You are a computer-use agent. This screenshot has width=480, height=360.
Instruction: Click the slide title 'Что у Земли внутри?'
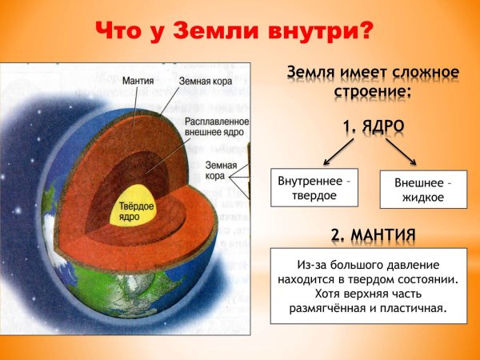234,31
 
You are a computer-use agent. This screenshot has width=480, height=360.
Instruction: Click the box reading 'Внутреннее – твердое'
314,187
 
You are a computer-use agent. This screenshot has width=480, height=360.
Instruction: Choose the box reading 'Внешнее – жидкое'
423,190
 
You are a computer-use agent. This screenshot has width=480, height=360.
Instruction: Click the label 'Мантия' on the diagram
139,80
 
